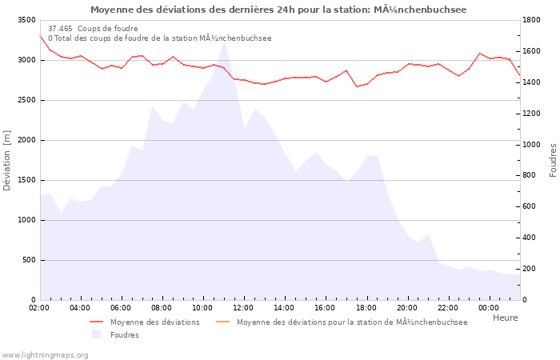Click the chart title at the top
click(278, 10)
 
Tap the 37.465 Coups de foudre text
click(93, 28)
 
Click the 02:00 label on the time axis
click(39, 308)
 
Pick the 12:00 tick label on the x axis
click(243, 308)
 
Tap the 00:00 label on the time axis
click(489, 308)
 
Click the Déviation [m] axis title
click(7, 160)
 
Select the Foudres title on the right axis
click(553, 160)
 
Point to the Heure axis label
click(505, 318)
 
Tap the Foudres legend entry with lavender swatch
click(124, 334)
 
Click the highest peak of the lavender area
click(224, 41)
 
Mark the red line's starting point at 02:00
click(40, 35)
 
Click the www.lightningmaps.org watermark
click(44, 354)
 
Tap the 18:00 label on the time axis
click(366, 308)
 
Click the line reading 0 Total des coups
click(159, 38)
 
